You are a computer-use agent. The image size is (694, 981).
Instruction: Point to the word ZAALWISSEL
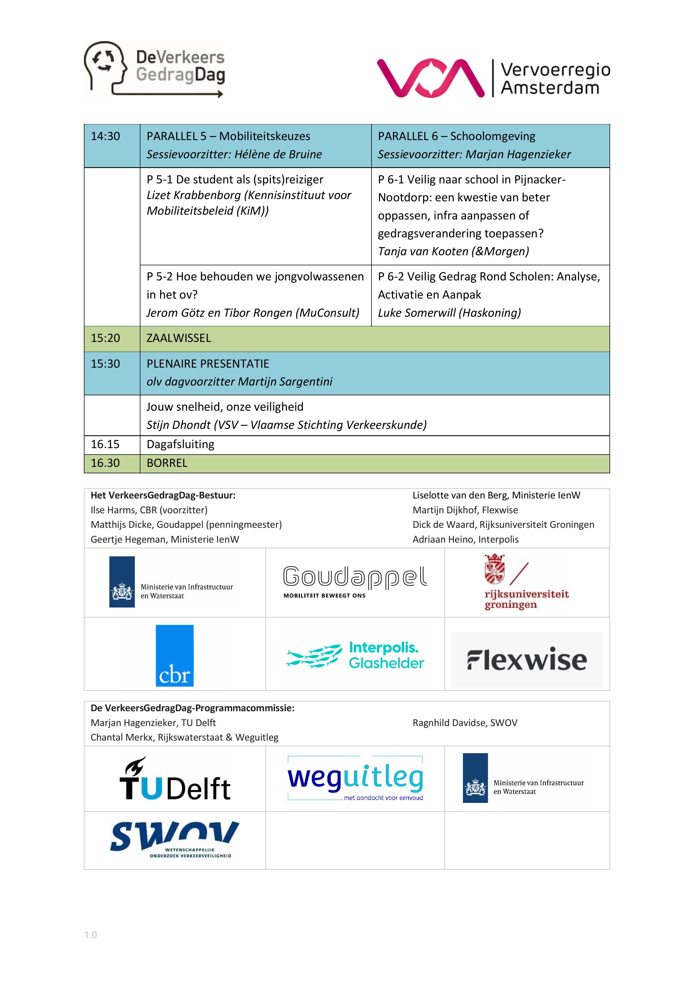pyautogui.click(x=179, y=338)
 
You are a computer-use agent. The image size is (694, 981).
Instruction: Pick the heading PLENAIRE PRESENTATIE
pyautogui.click(x=208, y=364)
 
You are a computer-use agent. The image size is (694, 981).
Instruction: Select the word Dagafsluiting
pyautogui.click(x=180, y=444)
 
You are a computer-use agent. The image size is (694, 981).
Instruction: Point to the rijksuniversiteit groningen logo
pyautogui.click(x=526, y=582)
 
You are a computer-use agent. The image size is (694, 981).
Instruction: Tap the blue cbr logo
pyautogui.click(x=175, y=655)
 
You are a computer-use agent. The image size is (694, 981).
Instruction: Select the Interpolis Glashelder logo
pyautogui.click(x=355, y=655)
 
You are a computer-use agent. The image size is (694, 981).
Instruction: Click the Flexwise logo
pyautogui.click(x=527, y=660)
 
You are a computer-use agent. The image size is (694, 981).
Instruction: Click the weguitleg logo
pyautogui.click(x=355, y=779)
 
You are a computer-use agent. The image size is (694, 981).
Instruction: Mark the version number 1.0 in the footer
pyautogui.click(x=91, y=935)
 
